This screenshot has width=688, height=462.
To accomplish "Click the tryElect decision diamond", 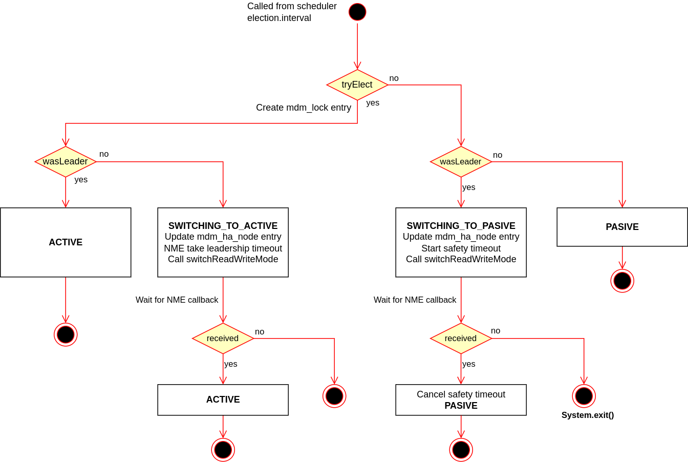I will [x=357, y=85].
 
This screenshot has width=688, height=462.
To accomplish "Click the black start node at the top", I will [x=357, y=12].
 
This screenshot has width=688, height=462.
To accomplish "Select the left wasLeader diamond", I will [x=66, y=161].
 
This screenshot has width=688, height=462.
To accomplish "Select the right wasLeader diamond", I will [x=461, y=161].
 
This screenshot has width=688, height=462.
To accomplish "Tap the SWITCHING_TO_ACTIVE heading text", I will [x=223, y=226].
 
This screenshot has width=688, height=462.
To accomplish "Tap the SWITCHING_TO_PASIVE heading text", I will [x=461, y=226].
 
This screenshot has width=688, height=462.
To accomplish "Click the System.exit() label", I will [x=587, y=415].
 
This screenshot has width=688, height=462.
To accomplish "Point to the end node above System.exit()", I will [x=584, y=396].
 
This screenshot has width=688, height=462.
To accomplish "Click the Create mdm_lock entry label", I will [x=304, y=108].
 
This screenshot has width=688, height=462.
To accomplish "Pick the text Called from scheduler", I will [x=292, y=6].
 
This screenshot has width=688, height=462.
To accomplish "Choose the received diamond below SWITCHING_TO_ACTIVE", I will [x=223, y=338].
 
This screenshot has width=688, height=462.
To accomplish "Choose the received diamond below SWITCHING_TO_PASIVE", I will [x=461, y=338].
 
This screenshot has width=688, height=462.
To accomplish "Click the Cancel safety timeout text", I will [x=461, y=394].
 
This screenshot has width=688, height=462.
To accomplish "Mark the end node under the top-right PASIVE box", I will [x=622, y=281].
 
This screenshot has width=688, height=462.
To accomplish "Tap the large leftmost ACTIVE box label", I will [x=66, y=242].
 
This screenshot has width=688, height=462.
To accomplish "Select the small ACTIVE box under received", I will [x=223, y=400].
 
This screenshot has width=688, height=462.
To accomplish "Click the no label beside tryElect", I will [x=394, y=78].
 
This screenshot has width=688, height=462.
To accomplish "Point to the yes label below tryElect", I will [x=373, y=103].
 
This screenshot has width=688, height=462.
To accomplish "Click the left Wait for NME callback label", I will [x=177, y=300].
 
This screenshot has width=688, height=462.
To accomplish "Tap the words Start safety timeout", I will [x=461, y=248].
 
